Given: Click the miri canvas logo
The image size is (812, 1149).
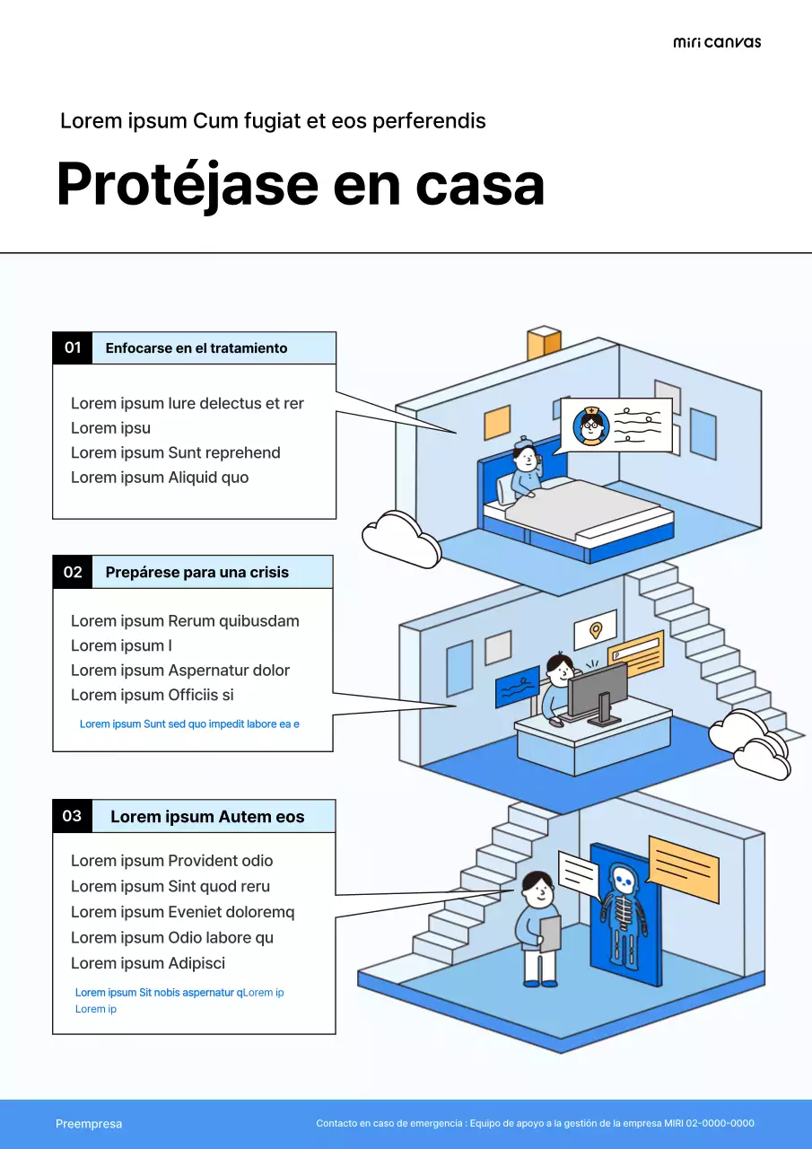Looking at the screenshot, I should [716, 42].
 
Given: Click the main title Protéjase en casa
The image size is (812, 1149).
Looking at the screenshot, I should [300, 184].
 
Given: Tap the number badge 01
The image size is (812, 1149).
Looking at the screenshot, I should [73, 347].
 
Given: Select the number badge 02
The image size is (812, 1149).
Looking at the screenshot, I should [73, 572].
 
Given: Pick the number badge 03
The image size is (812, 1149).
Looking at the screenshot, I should [73, 816].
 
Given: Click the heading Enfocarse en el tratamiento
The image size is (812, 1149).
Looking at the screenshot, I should [196, 348].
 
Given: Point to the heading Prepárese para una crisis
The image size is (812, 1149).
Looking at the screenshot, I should [197, 572].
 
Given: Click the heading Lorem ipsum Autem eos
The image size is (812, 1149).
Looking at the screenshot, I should [207, 817].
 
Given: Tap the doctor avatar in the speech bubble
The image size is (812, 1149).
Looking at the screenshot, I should [590, 425].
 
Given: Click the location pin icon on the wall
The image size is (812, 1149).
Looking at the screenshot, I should [595, 630].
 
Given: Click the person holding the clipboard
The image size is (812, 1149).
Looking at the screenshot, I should [538, 929].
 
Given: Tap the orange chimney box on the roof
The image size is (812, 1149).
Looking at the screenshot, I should [544, 342].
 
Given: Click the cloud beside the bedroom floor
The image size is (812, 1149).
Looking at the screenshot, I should [400, 539].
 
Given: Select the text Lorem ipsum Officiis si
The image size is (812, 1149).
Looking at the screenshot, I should [153, 695].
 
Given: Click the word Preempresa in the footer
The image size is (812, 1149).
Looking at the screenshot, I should [89, 1124].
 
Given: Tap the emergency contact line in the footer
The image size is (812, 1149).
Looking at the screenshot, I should [535, 1124].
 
